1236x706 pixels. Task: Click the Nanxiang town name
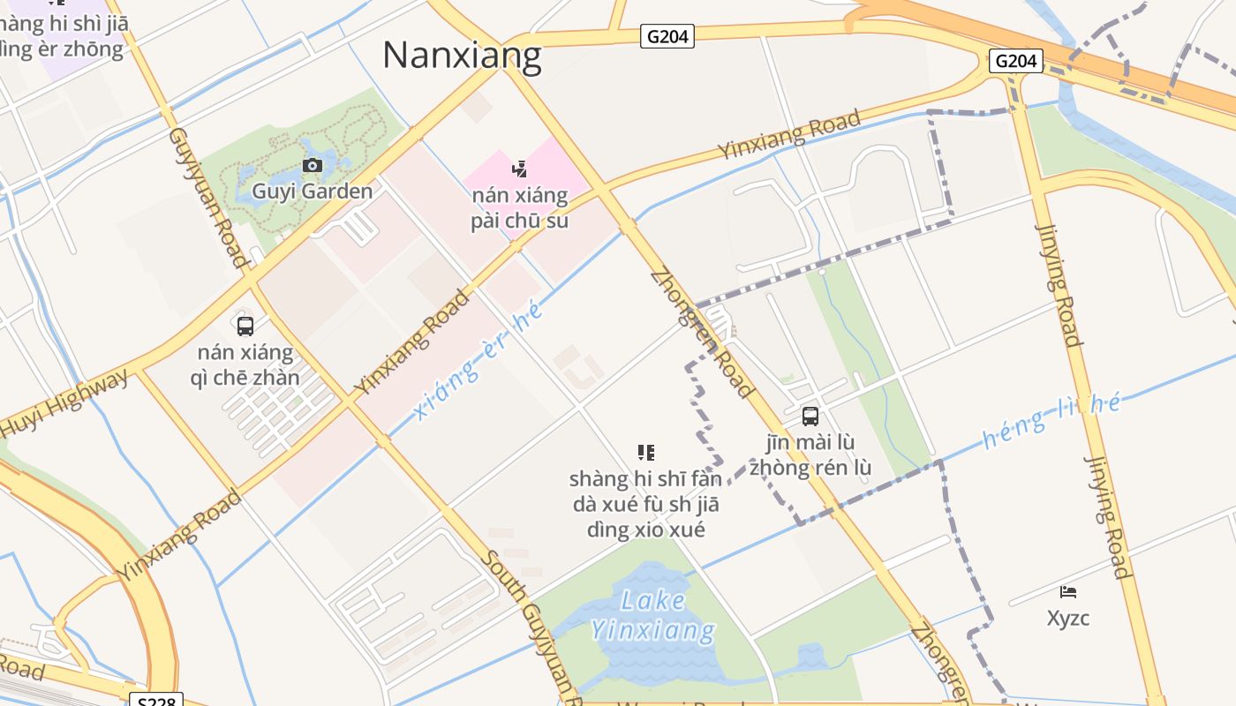point(462,55)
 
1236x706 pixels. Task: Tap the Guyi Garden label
point(312,191)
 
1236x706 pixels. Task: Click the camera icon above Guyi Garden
point(312,165)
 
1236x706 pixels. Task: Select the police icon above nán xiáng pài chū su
point(519,169)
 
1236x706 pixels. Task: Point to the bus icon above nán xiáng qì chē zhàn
point(245,326)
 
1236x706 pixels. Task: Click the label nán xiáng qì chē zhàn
point(245,364)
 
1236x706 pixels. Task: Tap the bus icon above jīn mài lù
point(810,417)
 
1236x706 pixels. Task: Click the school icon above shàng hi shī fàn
point(645,453)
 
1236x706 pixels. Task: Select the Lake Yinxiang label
point(652,615)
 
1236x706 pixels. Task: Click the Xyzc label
point(1068,618)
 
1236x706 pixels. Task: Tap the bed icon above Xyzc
point(1068,591)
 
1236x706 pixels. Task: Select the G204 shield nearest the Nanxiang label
point(667,36)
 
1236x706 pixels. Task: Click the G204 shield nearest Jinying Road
point(1015,61)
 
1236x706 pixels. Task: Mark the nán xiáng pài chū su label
point(519,207)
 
